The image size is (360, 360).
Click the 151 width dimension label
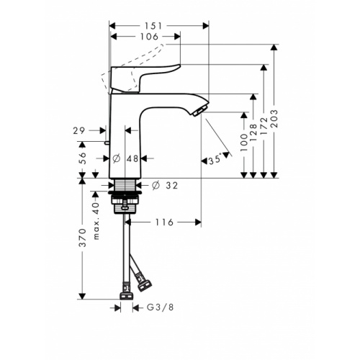click(x=156, y=26)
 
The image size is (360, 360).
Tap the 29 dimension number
click(x=80, y=130)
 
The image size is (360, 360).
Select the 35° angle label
click(x=215, y=161)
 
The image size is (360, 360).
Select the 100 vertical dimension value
click(x=244, y=145)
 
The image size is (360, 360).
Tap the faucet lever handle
click(x=144, y=76)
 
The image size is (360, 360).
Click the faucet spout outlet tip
click(x=199, y=109)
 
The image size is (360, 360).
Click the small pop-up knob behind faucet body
click(x=106, y=143)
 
